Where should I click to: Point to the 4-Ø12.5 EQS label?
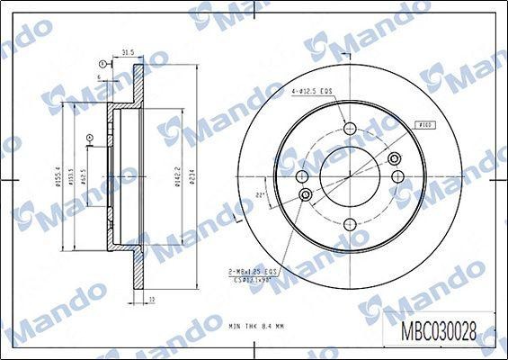(x=311, y=91)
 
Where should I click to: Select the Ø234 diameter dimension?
(x=192, y=175)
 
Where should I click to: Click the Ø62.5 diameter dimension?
(x=84, y=173)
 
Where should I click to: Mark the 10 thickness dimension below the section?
(x=152, y=299)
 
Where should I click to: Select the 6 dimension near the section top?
(x=98, y=77)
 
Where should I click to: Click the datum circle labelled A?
(x=90, y=138)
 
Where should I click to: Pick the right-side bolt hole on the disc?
(x=394, y=159)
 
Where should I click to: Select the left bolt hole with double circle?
(x=306, y=193)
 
